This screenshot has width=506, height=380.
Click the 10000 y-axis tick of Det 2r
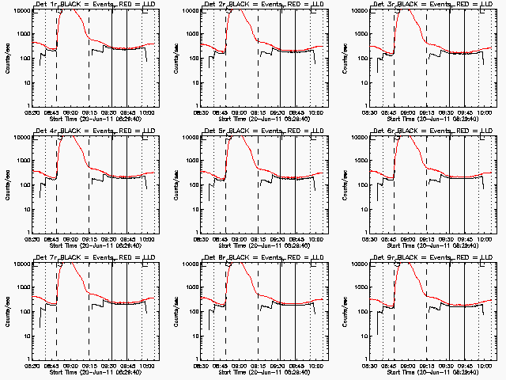(188, 10)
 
